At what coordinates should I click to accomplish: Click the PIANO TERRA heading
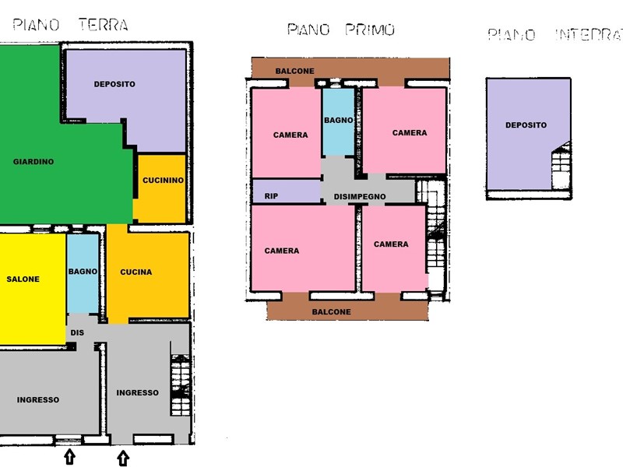point(70,25)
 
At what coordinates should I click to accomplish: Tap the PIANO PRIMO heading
point(340,30)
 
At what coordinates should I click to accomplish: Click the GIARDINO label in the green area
point(33,162)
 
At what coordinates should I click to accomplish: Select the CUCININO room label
point(163,181)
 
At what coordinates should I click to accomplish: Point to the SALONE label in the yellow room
point(23,279)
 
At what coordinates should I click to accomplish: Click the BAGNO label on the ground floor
point(83,272)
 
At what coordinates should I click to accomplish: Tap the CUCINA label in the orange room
point(136,272)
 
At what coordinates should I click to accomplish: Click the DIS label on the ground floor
point(77,332)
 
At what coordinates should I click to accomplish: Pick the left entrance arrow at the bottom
point(69,456)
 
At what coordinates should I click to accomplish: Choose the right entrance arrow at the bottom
point(123,458)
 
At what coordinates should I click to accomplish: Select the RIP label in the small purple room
point(271,196)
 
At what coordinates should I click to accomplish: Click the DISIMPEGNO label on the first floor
point(360,196)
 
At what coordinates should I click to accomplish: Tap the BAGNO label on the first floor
point(340,121)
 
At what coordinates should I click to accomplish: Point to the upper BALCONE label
point(295,72)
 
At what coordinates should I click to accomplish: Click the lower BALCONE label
point(331,311)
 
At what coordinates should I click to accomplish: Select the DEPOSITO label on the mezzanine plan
point(526,125)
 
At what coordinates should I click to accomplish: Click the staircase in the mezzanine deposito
point(561,165)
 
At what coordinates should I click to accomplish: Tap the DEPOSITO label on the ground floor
point(114,84)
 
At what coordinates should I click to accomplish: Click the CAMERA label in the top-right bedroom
point(410,133)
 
